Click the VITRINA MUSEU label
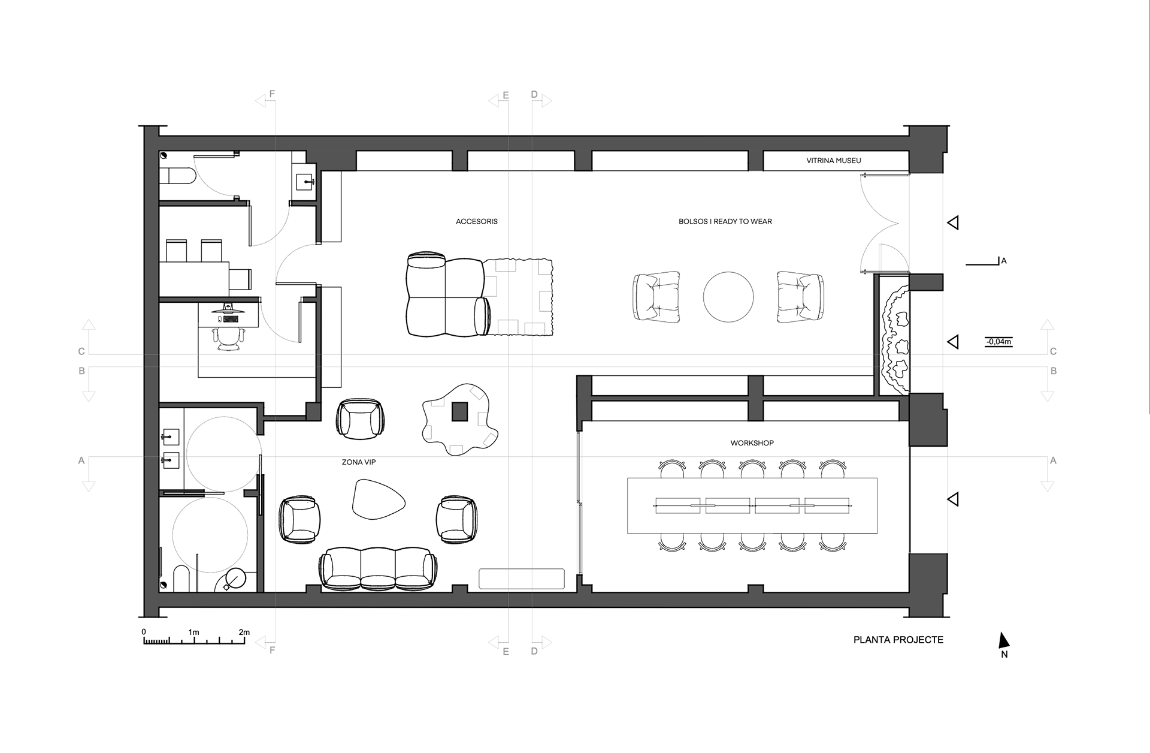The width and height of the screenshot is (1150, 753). click(833, 161)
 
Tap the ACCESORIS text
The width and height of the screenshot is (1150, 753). click(477, 221)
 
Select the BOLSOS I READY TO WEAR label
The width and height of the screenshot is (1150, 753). click(725, 221)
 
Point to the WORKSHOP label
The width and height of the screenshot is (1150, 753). click(752, 443)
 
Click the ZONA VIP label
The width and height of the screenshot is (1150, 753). click(359, 462)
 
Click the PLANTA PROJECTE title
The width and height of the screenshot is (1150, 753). click(898, 640)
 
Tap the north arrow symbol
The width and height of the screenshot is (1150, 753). click(1003, 641)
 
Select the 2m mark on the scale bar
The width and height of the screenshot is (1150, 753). click(244, 632)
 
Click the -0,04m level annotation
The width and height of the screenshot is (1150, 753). click(998, 342)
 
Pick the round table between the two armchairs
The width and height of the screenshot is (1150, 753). click(728, 297)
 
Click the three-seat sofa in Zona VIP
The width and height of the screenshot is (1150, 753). click(377, 570)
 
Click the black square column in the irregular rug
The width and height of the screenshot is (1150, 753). click(459, 412)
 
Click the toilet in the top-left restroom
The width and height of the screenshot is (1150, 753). click(177, 176)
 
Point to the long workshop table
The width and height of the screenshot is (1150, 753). click(752, 505)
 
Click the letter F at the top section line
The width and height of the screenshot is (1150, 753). click(272, 94)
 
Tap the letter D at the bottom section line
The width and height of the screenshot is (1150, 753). click(534, 651)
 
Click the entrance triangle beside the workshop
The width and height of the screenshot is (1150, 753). click(953, 499)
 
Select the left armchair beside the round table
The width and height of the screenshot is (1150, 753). click(656, 297)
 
